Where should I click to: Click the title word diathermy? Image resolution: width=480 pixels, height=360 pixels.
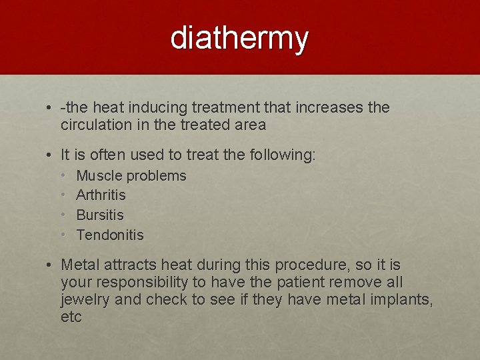coord(239,38)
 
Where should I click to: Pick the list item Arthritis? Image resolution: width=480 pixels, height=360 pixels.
coord(101,195)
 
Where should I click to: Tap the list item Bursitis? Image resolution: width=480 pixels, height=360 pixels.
coord(100,215)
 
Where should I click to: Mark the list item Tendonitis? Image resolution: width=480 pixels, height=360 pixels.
coord(110,235)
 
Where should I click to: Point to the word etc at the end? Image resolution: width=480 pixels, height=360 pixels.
coord(71,317)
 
